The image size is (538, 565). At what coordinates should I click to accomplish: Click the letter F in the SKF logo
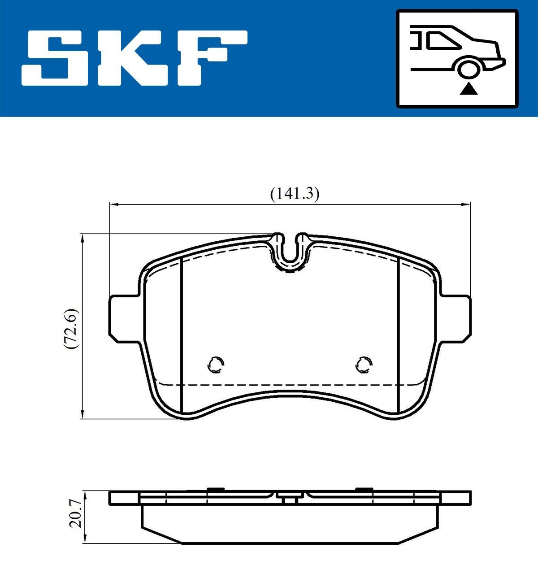[x=211, y=57]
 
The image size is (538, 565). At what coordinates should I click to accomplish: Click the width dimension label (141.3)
[x=294, y=194]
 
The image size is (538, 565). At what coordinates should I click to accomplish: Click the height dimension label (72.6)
[x=71, y=329]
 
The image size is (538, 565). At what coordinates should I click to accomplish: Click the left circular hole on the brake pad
[x=216, y=365]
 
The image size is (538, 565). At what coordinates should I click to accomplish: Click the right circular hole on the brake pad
[x=364, y=365]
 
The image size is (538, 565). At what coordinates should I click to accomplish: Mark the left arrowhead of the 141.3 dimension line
[x=113, y=204]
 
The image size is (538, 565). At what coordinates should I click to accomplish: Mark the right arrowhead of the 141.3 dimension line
[x=466, y=204]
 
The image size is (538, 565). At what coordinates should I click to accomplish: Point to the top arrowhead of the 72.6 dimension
[x=82, y=238]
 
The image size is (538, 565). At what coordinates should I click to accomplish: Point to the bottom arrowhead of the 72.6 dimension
[x=82, y=415]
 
